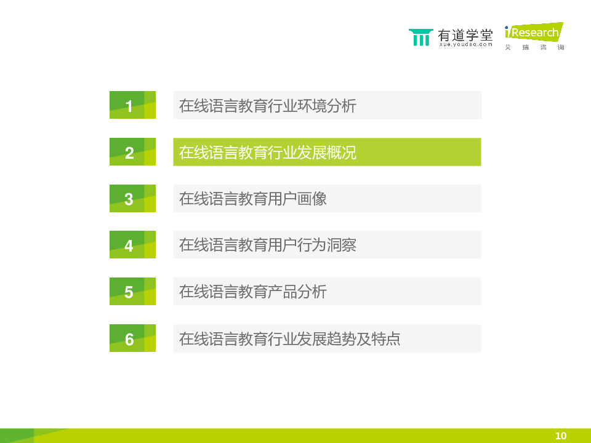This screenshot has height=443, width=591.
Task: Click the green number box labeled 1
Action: (x=133, y=105)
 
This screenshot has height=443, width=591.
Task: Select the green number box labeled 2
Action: (x=133, y=152)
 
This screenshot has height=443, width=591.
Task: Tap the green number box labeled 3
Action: (x=133, y=199)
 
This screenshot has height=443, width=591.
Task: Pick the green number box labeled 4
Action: (x=133, y=244)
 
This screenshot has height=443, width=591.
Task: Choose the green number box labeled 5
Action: (x=133, y=291)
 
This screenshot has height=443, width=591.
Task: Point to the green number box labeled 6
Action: (x=133, y=338)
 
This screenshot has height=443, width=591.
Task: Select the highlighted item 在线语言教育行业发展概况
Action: (x=327, y=152)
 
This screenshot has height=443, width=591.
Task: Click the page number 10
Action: (x=561, y=436)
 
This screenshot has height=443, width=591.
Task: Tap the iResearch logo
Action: (x=534, y=36)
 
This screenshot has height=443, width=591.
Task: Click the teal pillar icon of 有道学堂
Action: (x=420, y=37)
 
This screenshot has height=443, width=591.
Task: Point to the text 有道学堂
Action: (x=465, y=35)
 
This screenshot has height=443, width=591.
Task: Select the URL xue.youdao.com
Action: (x=466, y=44)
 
